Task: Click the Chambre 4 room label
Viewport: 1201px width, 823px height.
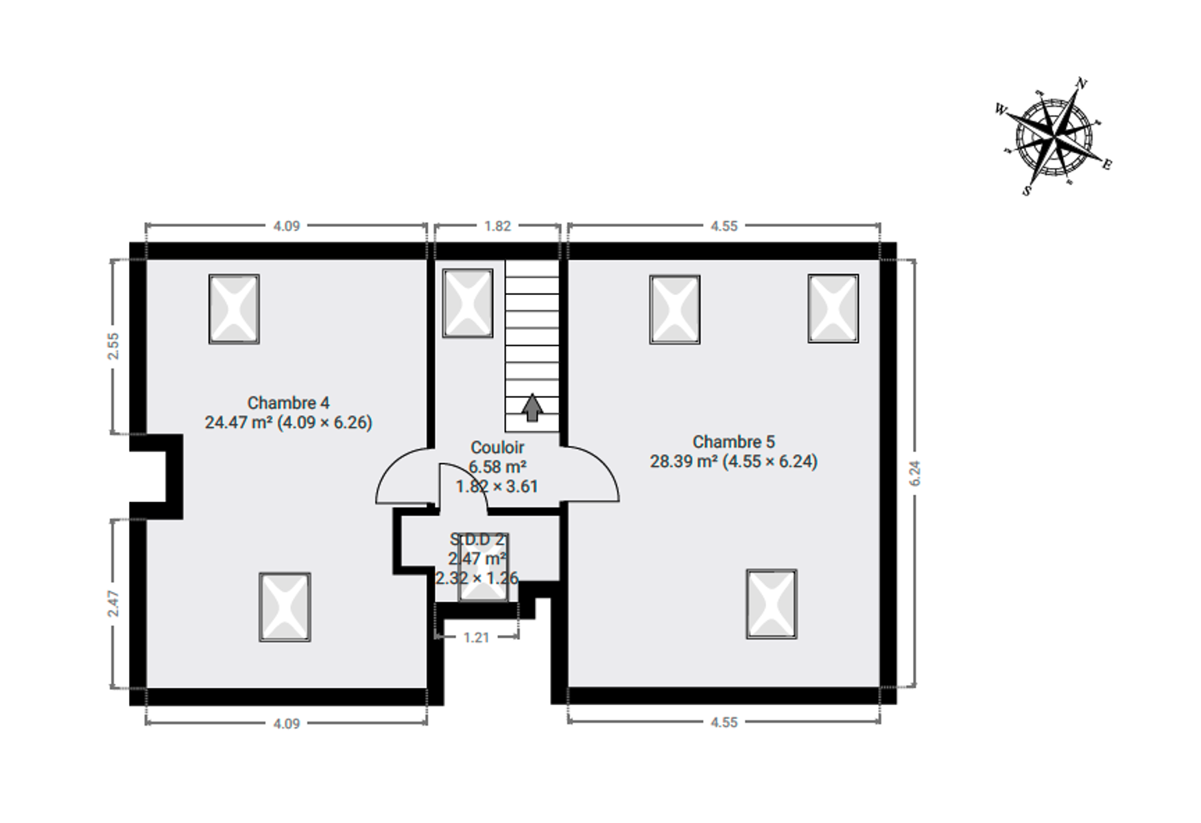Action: click(x=288, y=412)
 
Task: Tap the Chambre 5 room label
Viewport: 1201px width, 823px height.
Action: click(x=734, y=451)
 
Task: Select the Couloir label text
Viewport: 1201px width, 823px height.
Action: click(x=497, y=447)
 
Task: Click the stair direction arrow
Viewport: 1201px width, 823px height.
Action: click(x=532, y=407)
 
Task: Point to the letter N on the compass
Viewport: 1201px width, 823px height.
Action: click(x=1082, y=84)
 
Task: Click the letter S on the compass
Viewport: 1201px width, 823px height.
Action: click(x=1027, y=191)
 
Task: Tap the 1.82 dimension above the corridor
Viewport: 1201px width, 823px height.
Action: click(x=497, y=226)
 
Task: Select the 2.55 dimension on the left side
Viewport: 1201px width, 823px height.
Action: click(x=114, y=346)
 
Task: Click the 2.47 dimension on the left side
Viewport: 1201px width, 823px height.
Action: click(x=114, y=604)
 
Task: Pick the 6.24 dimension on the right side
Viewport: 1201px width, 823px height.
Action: click(x=915, y=473)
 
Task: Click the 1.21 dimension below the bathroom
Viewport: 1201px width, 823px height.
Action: click(x=477, y=638)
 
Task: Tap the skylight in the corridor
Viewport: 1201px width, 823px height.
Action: click(x=468, y=303)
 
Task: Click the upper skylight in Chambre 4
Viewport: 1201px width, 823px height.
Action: click(x=234, y=309)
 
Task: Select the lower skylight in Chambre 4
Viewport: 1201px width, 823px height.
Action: click(x=285, y=608)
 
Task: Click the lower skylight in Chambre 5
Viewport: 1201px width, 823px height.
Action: click(x=772, y=604)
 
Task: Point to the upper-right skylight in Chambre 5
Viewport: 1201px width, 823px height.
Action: click(x=833, y=309)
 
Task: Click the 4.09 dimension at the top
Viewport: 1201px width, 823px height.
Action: click(x=287, y=226)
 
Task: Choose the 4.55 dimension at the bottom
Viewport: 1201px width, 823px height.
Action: click(x=724, y=722)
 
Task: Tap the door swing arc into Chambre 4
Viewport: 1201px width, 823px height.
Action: click(x=390, y=465)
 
